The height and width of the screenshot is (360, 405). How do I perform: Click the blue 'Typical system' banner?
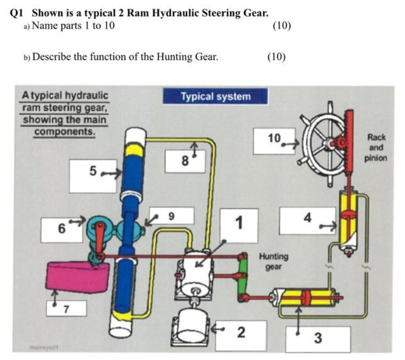point(215,97)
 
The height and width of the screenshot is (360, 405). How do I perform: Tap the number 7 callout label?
point(66,308)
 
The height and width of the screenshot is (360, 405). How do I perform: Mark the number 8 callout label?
point(184,160)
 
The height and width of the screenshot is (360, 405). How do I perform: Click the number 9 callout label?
point(171,216)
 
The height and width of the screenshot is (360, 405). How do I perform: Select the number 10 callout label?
point(274,140)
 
